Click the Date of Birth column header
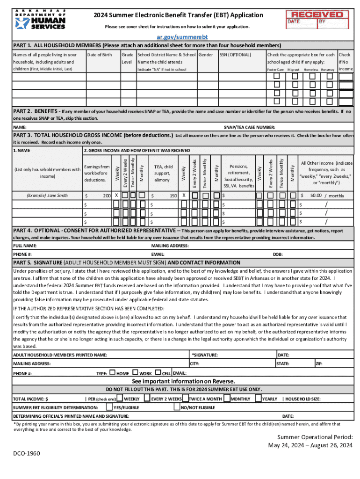coord(100,55)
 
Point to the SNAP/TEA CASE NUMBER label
coord(249,127)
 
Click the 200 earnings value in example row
coord(104,195)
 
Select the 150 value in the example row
coord(173,195)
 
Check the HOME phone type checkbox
coord(112,373)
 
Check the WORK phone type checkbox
coord(136,373)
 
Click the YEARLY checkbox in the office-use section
coord(258,399)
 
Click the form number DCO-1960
coord(27,454)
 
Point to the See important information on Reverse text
coord(180,381)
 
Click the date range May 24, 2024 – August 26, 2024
coord(310,445)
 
